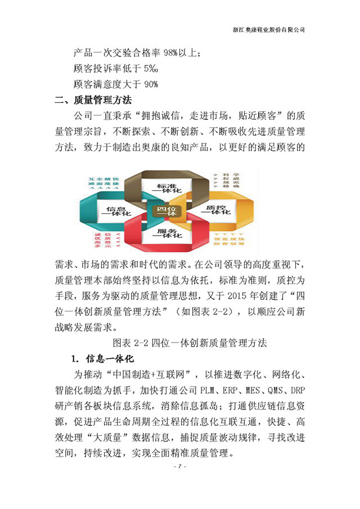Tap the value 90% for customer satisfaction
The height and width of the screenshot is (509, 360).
coord(150,84)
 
